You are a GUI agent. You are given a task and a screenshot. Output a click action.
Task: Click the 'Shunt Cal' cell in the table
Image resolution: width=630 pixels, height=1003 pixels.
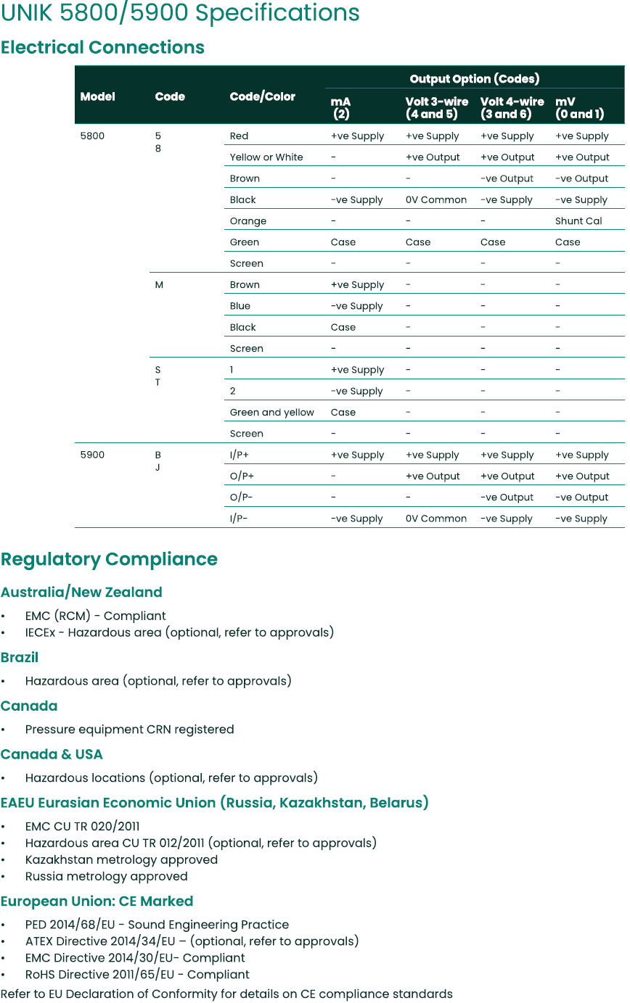[578, 221]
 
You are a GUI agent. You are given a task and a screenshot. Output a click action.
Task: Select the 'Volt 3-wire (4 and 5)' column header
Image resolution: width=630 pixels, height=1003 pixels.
[436, 107]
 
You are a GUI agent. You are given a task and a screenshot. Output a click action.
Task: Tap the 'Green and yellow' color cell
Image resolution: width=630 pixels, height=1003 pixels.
[271, 413]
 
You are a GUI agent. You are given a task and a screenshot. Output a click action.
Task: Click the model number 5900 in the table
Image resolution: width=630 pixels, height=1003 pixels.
[92, 455]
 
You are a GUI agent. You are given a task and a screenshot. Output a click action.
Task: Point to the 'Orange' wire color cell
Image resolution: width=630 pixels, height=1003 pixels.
[247, 221]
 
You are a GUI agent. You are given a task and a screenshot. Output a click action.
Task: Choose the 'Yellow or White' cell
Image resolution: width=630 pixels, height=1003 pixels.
[266, 157]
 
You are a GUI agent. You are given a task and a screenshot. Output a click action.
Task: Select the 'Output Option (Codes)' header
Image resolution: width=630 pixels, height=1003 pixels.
[474, 79]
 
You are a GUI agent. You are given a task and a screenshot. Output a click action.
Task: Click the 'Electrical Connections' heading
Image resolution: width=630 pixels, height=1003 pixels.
[102, 48]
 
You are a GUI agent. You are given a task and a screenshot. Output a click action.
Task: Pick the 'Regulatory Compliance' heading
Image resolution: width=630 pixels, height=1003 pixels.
[109, 559]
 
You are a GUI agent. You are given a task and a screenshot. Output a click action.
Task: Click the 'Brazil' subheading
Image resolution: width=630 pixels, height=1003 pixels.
[20, 658]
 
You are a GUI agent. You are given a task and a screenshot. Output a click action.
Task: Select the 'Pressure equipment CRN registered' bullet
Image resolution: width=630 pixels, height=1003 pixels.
[129, 730]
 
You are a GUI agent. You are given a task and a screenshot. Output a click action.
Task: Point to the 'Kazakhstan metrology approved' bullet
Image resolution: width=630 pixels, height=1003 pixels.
[121, 859]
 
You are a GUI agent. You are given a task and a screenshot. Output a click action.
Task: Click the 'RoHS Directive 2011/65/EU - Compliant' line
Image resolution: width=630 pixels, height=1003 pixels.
[137, 975]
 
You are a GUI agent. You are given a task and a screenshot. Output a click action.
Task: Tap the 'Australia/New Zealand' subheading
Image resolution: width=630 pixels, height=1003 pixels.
[81, 593]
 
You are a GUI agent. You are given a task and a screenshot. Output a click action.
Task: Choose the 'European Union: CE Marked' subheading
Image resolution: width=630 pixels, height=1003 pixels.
[97, 901]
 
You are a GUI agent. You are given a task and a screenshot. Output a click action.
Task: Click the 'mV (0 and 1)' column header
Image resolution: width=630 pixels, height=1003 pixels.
[578, 107]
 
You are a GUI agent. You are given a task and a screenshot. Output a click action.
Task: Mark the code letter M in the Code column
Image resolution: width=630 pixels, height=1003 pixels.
[159, 285]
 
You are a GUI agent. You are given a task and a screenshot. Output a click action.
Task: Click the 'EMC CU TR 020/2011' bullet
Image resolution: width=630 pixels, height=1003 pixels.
[82, 826]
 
